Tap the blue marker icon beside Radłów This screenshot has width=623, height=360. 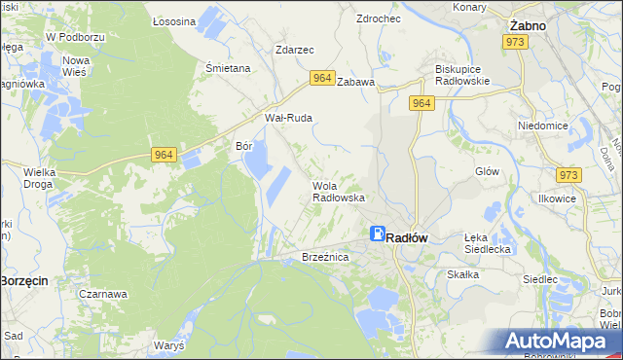[377, 234]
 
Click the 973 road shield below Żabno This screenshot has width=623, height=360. [515, 43]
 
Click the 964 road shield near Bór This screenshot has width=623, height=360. [164, 154]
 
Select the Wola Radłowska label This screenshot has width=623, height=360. [338, 191]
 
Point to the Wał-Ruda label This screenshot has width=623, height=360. [289, 118]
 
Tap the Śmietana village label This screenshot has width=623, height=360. [228, 68]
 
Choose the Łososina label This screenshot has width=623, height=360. [174, 20]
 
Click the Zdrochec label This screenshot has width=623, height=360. [379, 18]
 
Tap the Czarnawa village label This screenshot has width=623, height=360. [104, 293]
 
